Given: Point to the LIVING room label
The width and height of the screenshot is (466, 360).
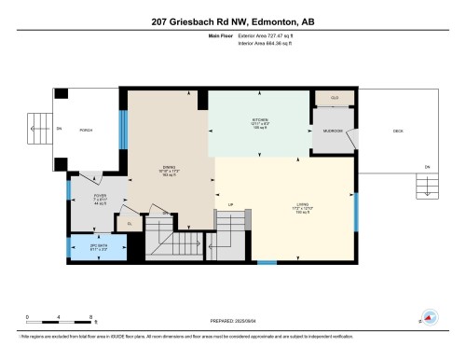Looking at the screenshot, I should point(276,205).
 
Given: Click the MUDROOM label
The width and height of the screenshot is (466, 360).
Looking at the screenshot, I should point(333,131).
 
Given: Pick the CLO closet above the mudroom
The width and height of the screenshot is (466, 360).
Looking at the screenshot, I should point(335,98).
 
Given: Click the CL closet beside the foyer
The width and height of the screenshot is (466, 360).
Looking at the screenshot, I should point(130,224).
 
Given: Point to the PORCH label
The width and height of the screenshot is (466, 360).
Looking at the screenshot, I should point(86,130).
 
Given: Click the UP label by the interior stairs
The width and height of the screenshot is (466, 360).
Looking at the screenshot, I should point(230,205).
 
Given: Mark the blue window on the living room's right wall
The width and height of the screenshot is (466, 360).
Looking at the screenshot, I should point(357,210).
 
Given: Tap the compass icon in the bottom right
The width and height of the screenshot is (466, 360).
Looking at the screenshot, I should point(431,317).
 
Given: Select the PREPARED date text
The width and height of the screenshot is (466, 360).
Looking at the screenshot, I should point(232,317).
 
